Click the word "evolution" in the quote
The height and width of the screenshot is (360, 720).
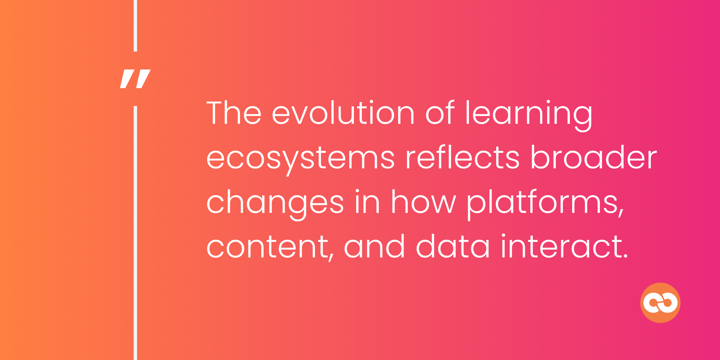(x=343, y=113)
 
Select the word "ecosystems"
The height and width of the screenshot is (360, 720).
(x=300, y=159)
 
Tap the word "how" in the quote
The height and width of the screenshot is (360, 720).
(x=423, y=202)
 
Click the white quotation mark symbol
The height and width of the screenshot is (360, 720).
(x=135, y=79)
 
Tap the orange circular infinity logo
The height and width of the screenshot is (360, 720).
(x=660, y=303)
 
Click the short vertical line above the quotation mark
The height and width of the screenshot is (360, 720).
(x=135, y=25)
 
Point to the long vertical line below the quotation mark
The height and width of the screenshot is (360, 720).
(x=135, y=233)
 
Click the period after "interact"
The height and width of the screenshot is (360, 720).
(x=625, y=256)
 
